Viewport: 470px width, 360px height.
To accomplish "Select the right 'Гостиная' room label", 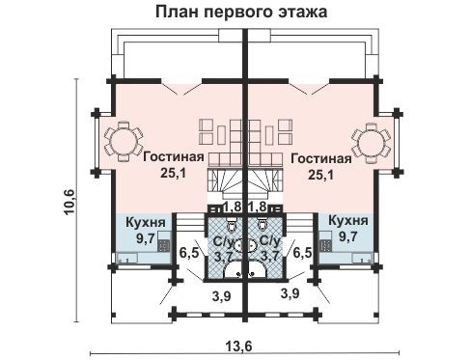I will [x=318, y=157].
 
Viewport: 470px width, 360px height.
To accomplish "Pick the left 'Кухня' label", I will [x=146, y=221].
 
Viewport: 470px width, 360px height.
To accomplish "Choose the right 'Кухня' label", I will [x=346, y=221].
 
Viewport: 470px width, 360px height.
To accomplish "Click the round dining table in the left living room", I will [x=123, y=142].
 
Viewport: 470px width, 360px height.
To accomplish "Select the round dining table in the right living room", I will [x=371, y=142].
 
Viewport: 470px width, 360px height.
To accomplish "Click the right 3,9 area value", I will [x=287, y=291].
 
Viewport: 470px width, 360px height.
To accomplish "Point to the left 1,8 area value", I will [x=233, y=207].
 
